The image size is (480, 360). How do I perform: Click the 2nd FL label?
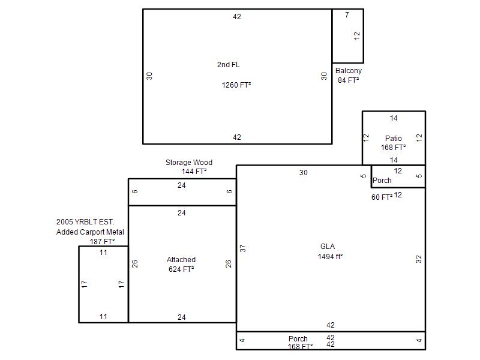pyautogui.click(x=229, y=65)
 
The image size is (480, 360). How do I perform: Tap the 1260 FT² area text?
pyautogui.click(x=236, y=85)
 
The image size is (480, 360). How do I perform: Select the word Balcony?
pyautogui.click(x=349, y=71)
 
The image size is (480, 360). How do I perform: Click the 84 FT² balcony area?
pyautogui.click(x=348, y=80)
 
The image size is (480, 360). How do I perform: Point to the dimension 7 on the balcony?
pyautogui.click(x=347, y=14)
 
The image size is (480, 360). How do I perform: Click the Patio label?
pyautogui.click(x=394, y=139)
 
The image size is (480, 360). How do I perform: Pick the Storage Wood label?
pyautogui.click(x=189, y=162)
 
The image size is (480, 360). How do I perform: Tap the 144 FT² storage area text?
pyautogui.click(x=194, y=172)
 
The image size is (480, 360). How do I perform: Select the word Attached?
pyautogui.click(x=181, y=260)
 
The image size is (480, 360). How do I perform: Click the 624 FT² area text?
pyautogui.click(x=181, y=269)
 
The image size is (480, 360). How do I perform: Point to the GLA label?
pyautogui.click(x=328, y=247)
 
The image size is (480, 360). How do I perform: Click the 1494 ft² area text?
pyautogui.click(x=330, y=257)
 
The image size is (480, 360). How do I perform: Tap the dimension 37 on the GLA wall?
pyautogui.click(x=243, y=248)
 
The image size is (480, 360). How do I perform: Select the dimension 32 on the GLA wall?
pyautogui.click(x=418, y=259)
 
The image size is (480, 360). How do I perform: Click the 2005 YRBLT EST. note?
pyautogui.click(x=85, y=221)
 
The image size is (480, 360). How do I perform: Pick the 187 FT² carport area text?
pyautogui.click(x=102, y=242)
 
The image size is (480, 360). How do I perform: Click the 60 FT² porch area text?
pyautogui.click(x=382, y=197)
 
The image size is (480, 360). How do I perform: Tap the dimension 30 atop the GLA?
pyautogui.click(x=304, y=173)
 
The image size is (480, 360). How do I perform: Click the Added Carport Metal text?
pyautogui.click(x=90, y=232)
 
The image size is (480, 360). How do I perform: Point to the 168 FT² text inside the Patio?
pyautogui.click(x=393, y=148)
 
